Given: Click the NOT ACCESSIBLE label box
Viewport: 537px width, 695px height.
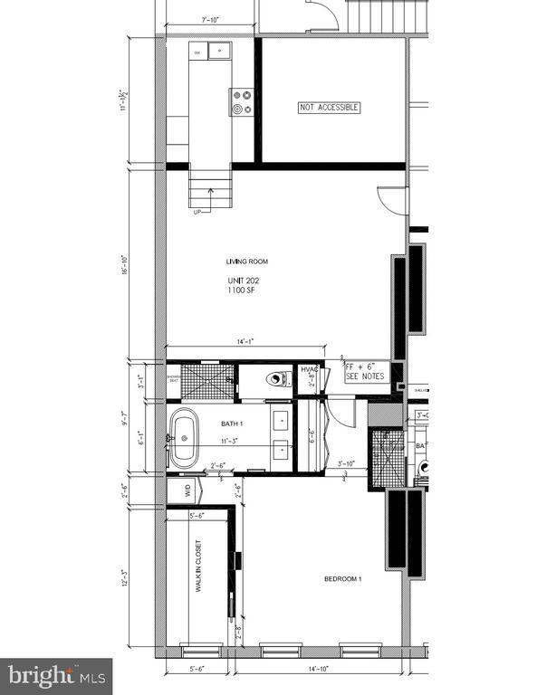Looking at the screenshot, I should pos(330,108).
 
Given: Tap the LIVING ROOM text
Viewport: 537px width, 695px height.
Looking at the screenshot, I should pos(247,262).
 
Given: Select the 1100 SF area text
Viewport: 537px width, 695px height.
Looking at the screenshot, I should pos(241,292).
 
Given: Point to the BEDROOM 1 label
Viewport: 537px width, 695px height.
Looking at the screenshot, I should pos(343,579).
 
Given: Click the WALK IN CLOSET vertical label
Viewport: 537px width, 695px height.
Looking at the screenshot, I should pos(197,567).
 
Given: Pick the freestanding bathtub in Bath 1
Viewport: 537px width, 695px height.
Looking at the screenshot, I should pos(185,439).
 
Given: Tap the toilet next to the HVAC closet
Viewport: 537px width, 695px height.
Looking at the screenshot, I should pos(274,380).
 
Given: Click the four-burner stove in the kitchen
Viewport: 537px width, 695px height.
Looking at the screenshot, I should pos(241,101).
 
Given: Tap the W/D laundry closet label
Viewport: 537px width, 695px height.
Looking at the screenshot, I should pos(188,491).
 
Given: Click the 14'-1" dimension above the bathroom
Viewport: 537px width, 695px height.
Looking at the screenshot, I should pos(244,341).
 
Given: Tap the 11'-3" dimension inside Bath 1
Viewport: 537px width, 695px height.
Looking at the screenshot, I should pos(233,442).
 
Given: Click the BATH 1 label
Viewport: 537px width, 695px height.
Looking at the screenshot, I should pos(233,424).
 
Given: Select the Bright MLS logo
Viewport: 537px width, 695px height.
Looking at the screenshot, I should pos(57,675).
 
